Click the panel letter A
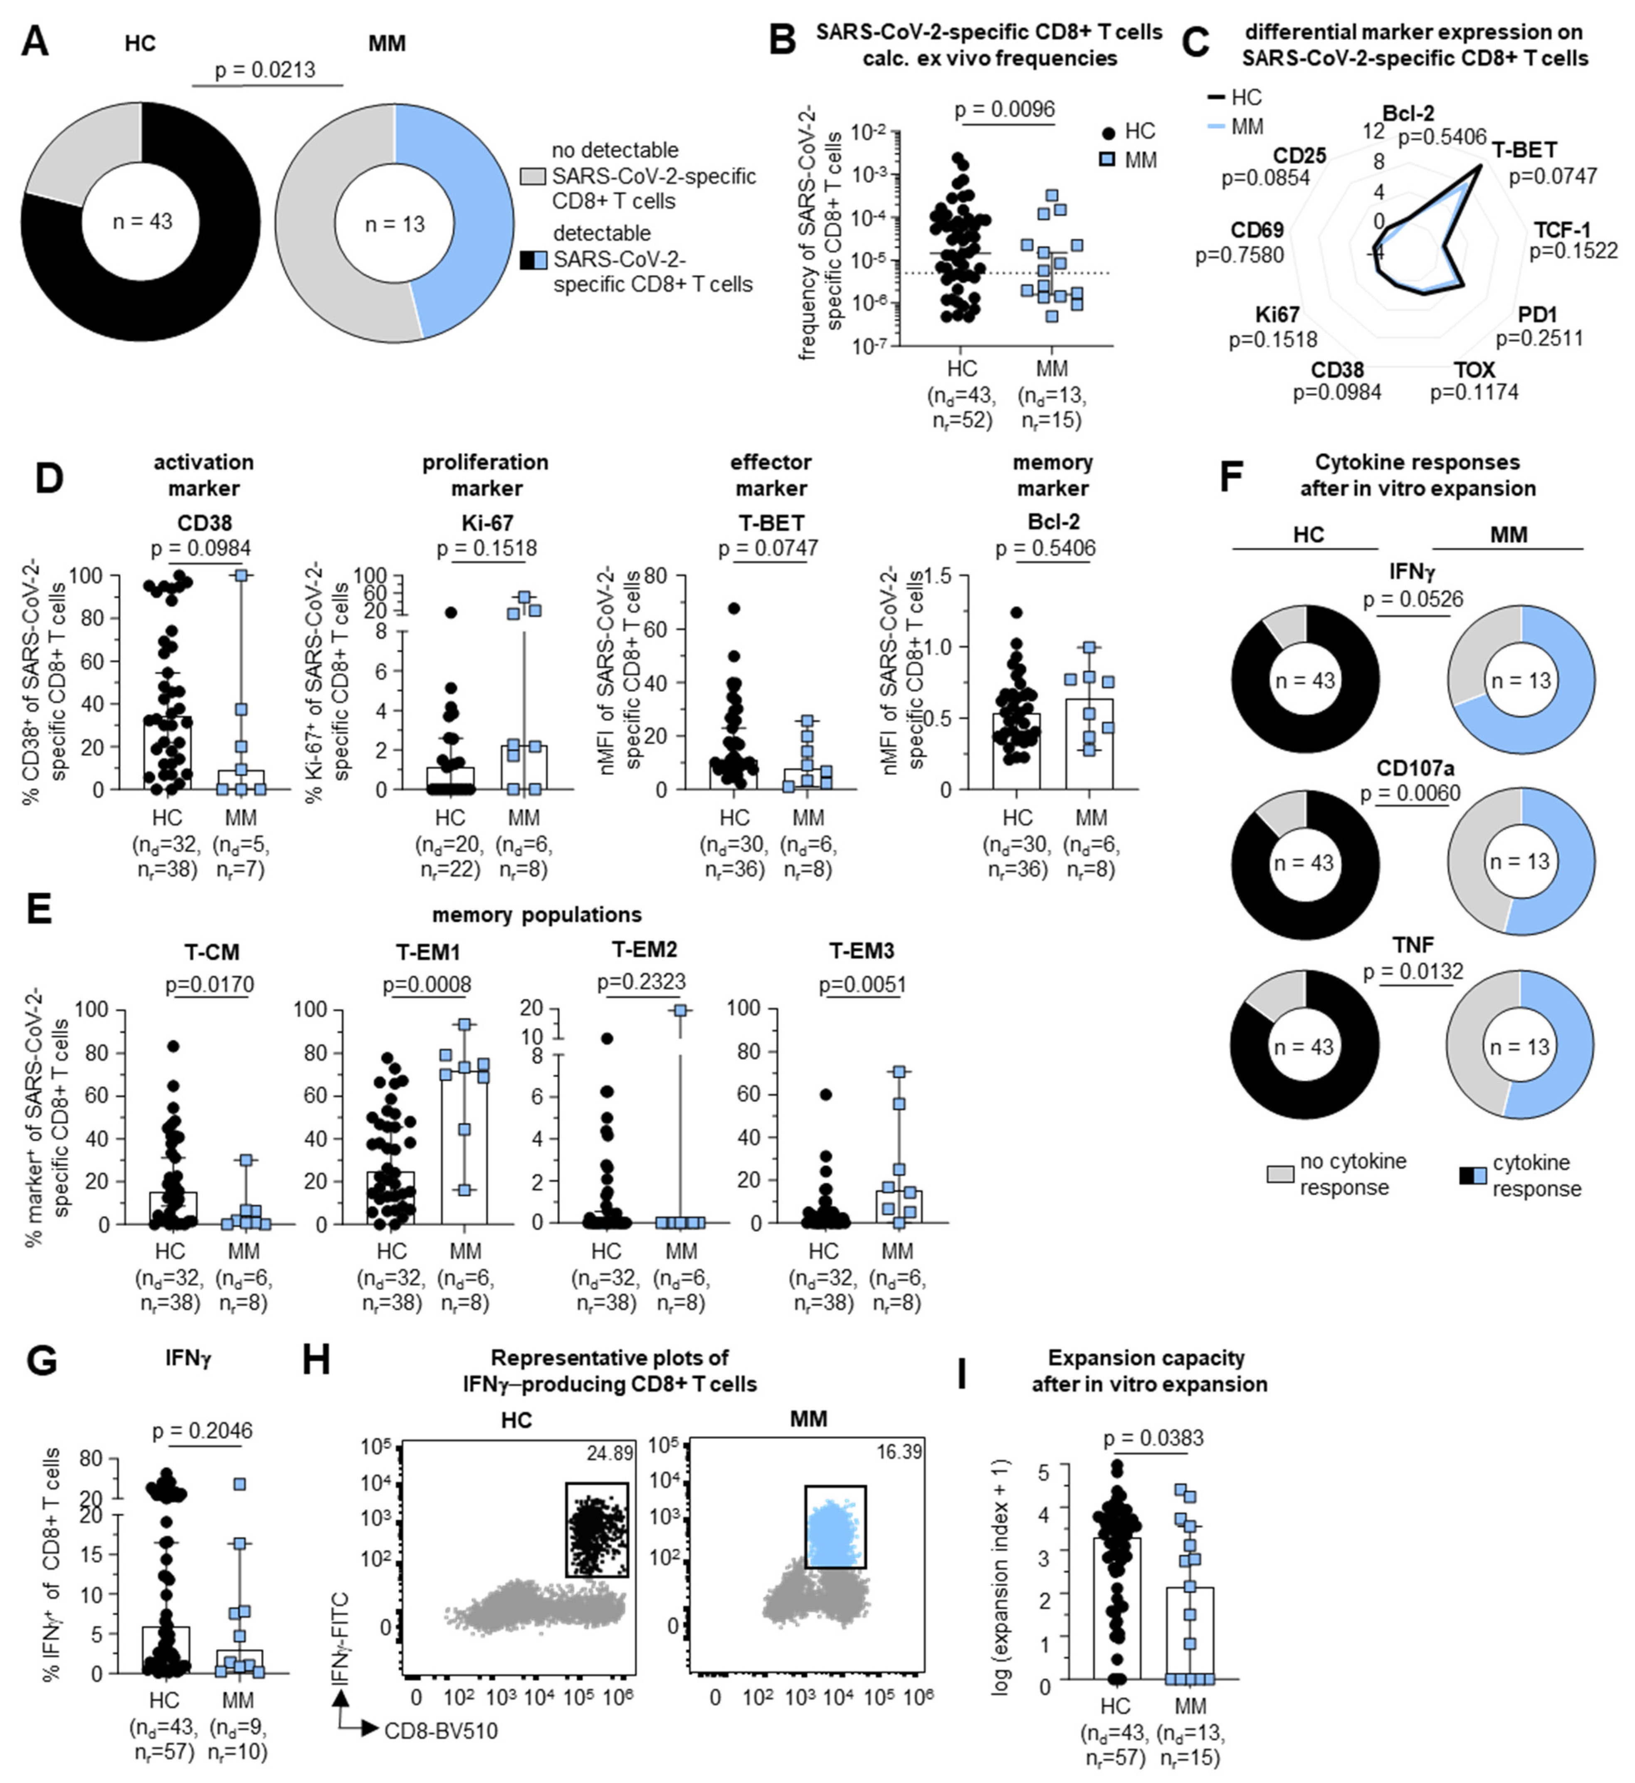tap(35, 42)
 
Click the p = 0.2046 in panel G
tap(203, 1430)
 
